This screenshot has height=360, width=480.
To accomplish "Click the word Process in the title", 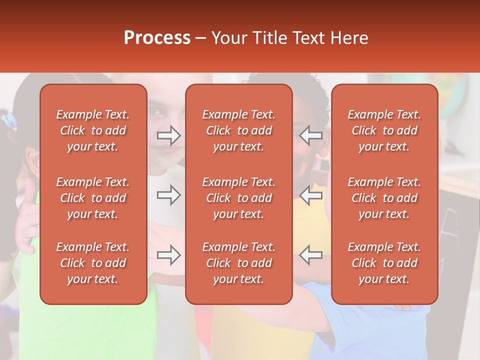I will coord(157,38).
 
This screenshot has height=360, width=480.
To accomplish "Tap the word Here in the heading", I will coord(349,38).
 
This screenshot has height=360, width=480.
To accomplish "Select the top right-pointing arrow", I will coord(169,135).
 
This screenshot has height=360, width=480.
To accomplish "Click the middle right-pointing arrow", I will coord(169,195).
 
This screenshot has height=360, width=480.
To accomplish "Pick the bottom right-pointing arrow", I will coord(169,255).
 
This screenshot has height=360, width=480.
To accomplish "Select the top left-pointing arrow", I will coord(310,135).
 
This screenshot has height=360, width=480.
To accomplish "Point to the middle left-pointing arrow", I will coord(310,195).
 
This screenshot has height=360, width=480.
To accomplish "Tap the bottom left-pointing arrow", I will coord(310,255).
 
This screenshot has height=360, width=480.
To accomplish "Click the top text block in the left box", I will coord(93,130).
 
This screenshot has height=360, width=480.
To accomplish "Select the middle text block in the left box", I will coord(93,198).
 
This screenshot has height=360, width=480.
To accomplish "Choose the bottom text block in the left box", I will coord(93,263).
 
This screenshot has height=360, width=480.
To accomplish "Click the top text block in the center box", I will coord(238,130).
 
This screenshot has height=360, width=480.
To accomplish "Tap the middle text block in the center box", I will coord(238,198).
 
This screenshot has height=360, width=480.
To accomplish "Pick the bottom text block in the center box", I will coord(238,263).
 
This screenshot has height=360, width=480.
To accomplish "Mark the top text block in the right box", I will coord(384,130).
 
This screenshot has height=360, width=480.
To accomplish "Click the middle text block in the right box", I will coord(384,198).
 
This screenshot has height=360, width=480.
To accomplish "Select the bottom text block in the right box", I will coord(384,263).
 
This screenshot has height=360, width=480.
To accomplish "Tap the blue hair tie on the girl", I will coord(9,120).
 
